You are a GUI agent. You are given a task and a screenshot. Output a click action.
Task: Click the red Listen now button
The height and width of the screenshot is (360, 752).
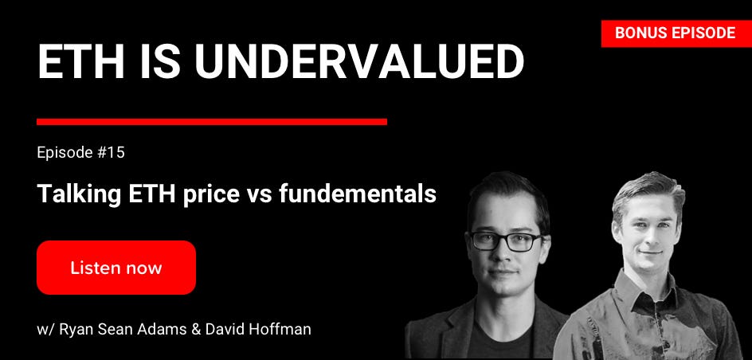[x=116, y=268]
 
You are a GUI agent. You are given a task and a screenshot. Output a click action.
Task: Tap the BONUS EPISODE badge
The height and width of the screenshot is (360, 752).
[x=676, y=33]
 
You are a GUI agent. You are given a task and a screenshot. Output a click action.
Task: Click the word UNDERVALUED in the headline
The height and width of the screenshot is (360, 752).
[x=358, y=62]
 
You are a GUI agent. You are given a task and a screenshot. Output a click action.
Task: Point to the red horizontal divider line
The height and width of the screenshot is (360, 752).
[x=212, y=122]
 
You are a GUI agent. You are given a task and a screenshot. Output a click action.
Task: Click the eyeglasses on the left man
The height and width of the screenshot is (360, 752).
[x=505, y=241]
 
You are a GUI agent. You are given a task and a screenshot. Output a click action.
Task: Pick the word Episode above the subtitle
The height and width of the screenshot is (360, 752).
[x=65, y=154]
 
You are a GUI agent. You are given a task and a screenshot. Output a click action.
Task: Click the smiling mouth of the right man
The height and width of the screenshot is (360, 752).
[x=650, y=252]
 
